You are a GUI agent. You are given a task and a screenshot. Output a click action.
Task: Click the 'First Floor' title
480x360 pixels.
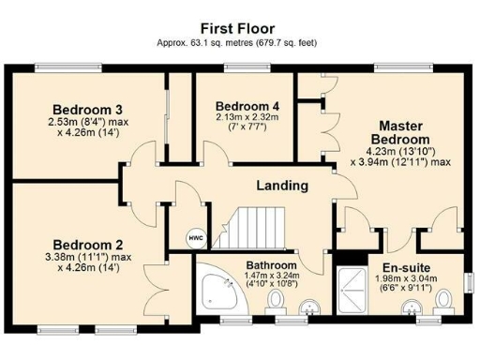239,28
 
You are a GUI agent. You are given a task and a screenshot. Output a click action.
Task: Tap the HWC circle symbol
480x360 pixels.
196,238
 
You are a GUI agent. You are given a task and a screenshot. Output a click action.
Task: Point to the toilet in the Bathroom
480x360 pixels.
277,301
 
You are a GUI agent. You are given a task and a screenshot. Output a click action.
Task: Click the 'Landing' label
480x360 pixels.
281,185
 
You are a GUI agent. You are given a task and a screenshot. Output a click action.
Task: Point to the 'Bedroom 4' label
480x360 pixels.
247,106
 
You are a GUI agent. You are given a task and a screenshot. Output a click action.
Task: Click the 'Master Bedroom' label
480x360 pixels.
404,132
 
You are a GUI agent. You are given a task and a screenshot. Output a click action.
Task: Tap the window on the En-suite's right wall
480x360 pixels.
471,280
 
